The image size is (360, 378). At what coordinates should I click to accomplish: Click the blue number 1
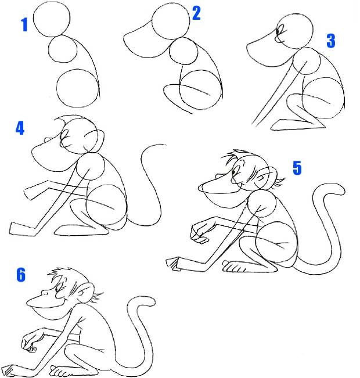[x=24, y=24]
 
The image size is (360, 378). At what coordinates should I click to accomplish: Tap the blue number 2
[x=196, y=13]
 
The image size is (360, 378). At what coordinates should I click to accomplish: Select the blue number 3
[x=331, y=41]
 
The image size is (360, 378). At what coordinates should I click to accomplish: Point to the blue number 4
[x=20, y=128]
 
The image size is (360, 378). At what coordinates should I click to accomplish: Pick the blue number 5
[x=297, y=168]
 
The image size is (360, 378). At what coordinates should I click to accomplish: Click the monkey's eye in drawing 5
[x=233, y=172]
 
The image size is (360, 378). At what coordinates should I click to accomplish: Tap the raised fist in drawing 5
[x=199, y=233]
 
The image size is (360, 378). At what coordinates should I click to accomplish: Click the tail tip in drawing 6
[x=152, y=301]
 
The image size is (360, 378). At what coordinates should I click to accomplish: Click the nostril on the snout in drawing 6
[x=45, y=293]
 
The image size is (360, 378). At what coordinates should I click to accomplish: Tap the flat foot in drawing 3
[x=297, y=125]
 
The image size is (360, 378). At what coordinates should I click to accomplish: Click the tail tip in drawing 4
[x=165, y=145]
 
